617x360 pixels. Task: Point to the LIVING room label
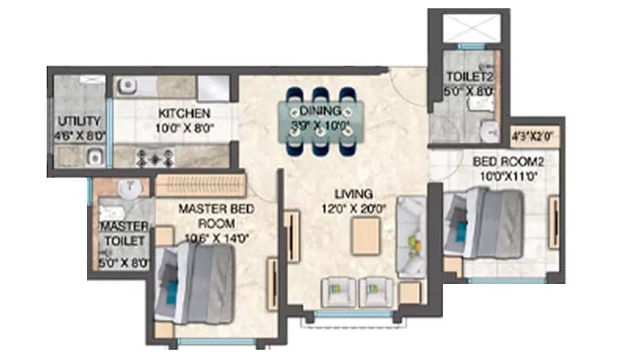click(x=352, y=194)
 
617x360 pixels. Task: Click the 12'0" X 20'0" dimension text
click(x=352, y=209)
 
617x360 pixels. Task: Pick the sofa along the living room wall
click(x=409, y=236)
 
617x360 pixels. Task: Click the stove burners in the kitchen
click(x=148, y=157)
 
